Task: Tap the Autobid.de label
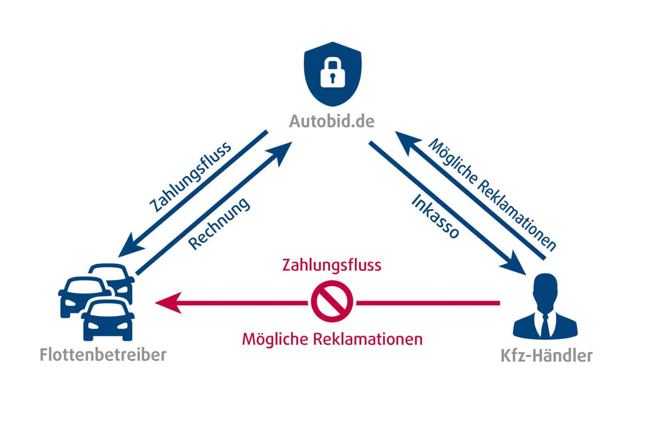pyautogui.click(x=332, y=121)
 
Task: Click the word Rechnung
pyautogui.click(x=219, y=224)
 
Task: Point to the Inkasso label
pyautogui.click(x=435, y=217)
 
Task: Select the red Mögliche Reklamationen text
pyautogui.click(x=332, y=339)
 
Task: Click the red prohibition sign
pyautogui.click(x=332, y=301)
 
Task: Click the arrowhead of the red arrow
pyautogui.click(x=167, y=302)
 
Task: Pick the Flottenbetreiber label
pyautogui.click(x=103, y=355)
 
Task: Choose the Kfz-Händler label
pyautogui.click(x=546, y=356)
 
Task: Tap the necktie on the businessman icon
pyautogui.click(x=545, y=325)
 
